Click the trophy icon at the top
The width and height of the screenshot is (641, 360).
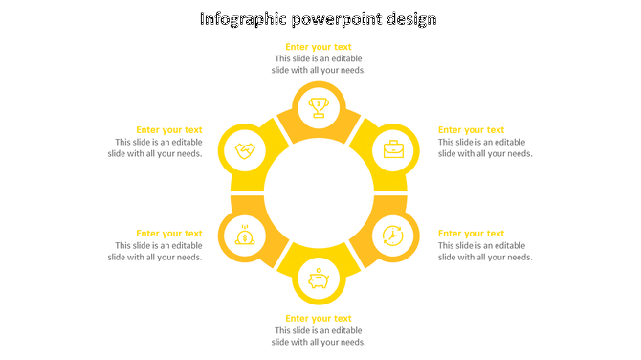[319, 106]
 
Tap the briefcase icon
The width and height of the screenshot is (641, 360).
[393, 149]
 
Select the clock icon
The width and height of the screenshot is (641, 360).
[393, 235]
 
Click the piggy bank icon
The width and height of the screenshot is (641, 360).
[319, 279]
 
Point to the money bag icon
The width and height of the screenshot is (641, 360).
[245, 235]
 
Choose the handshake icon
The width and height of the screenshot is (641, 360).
[245, 150]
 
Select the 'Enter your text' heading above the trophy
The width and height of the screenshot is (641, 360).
[319, 47]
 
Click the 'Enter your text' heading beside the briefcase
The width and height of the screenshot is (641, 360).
[471, 130]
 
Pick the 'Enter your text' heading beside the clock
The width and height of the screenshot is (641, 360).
[471, 234]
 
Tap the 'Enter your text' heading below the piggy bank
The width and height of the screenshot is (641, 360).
[319, 319]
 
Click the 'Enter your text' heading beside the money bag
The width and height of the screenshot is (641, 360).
[169, 234]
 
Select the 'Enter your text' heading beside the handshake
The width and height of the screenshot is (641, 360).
[169, 130]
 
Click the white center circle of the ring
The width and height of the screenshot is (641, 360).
[319, 192]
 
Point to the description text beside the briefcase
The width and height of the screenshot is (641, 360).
[484, 147]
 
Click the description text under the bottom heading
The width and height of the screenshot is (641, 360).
[319, 336]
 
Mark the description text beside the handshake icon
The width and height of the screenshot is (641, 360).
[156, 147]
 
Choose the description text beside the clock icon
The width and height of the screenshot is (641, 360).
[484, 251]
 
